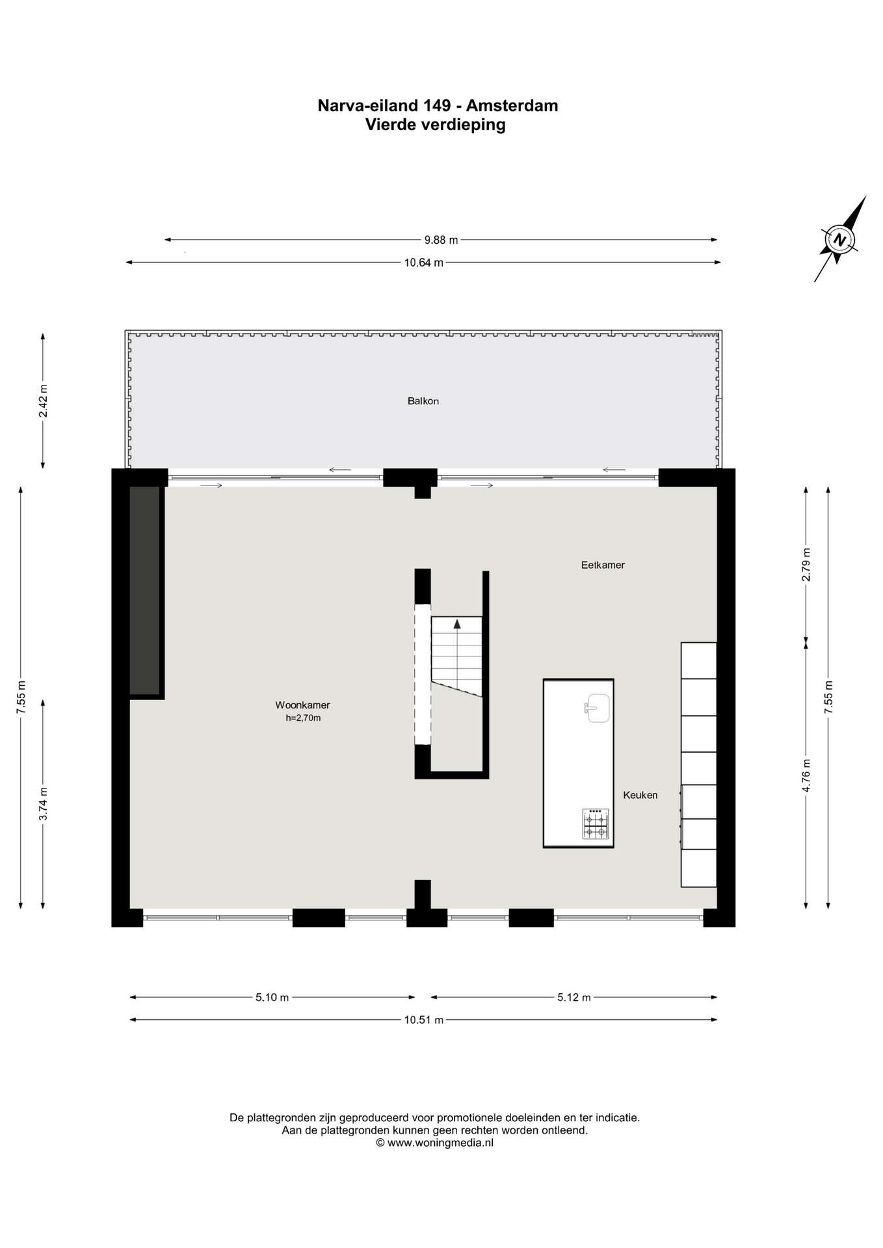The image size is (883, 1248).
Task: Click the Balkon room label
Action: tap(423, 401)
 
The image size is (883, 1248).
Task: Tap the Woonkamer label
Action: tap(302, 705)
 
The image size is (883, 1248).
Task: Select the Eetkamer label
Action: tap(603, 565)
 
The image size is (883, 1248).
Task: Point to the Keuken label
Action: tap(640, 795)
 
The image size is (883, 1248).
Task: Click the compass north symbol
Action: tap(840, 239)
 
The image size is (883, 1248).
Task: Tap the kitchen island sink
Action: tap(597, 708)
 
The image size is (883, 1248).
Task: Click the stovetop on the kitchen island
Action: tap(595, 824)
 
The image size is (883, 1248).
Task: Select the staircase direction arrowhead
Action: tap(457, 624)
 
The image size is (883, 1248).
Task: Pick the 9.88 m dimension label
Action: tap(441, 240)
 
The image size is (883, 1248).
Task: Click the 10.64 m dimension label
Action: tap(423, 263)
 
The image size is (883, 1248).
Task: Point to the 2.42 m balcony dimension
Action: tap(43, 402)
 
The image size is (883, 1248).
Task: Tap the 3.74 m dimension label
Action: tap(43, 804)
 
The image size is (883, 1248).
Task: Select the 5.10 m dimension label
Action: tap(272, 997)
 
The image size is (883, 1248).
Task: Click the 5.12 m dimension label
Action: tap(573, 997)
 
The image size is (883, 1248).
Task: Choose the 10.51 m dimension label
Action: tap(423, 1020)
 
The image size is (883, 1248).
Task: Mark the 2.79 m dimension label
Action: tap(806, 565)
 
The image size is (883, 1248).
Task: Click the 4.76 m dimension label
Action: tap(806, 775)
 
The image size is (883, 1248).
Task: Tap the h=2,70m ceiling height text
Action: tap(303, 718)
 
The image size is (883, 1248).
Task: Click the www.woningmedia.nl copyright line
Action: tap(434, 1142)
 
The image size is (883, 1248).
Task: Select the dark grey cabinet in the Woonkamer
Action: tap(145, 591)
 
